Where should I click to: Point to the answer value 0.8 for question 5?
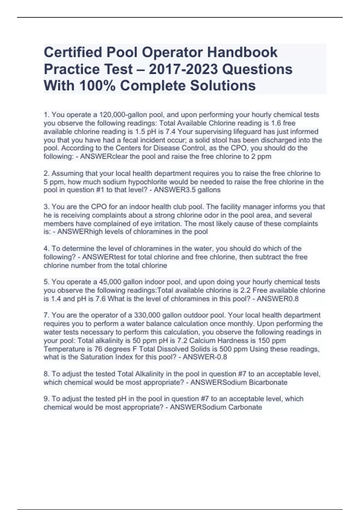(293, 299)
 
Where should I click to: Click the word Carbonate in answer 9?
(245, 407)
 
